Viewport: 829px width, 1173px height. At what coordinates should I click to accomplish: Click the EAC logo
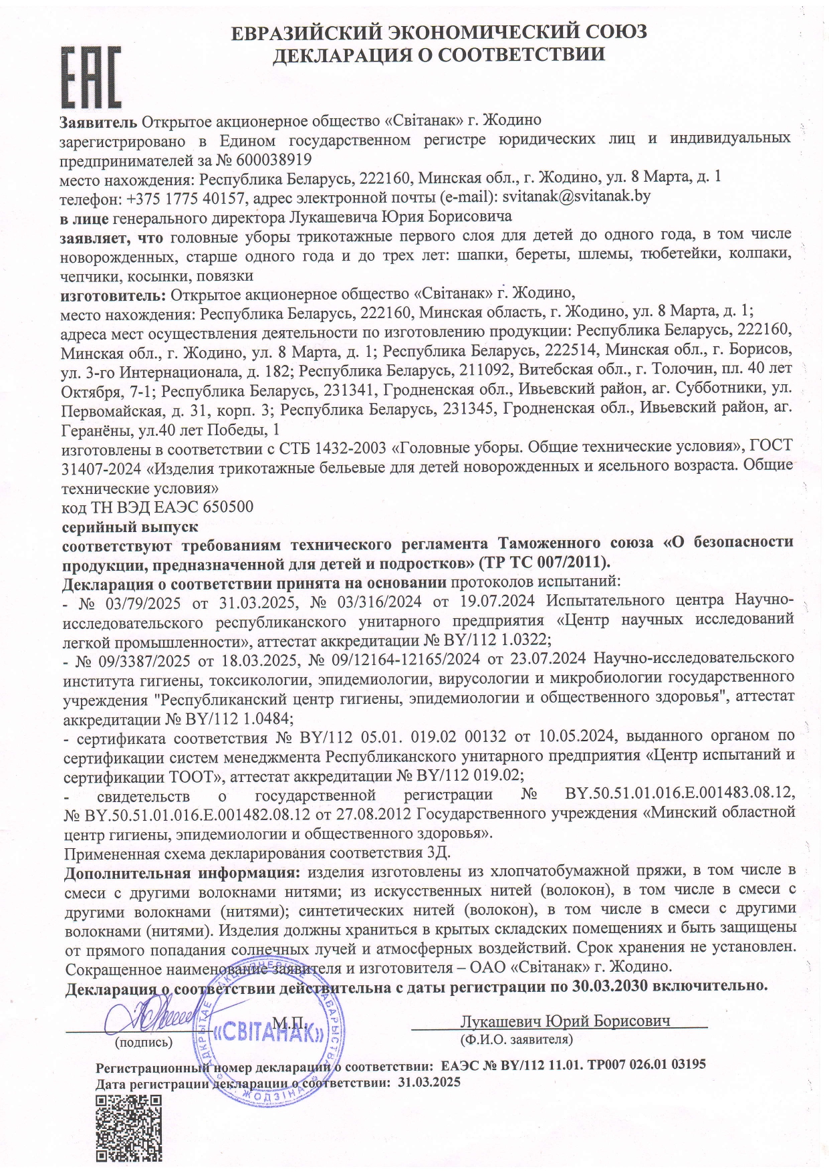(x=91, y=77)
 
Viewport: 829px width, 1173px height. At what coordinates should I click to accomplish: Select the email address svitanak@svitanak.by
(x=576, y=197)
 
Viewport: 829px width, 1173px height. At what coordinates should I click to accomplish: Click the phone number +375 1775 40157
(x=178, y=197)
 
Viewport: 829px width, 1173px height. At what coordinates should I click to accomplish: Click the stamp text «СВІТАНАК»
(x=268, y=1033)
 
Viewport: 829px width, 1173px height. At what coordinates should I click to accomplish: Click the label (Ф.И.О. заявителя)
(x=515, y=1039)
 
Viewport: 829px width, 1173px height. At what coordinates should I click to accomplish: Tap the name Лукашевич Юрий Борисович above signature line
(x=565, y=1021)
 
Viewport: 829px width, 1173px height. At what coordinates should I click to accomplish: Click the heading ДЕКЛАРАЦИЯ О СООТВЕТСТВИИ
(x=439, y=54)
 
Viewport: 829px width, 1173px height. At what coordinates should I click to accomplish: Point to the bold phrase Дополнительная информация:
(x=181, y=872)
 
